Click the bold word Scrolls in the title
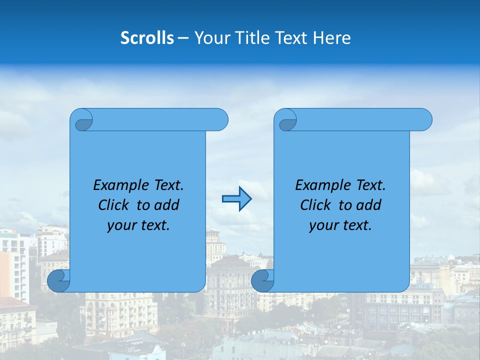[147, 38]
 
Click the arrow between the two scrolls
[236, 199]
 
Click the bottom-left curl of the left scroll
[59, 281]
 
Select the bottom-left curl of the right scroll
[262, 281]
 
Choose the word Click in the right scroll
[315, 205]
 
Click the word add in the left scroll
[166, 205]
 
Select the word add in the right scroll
[368, 205]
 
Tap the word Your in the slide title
[210, 38]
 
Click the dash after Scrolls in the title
[183, 38]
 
